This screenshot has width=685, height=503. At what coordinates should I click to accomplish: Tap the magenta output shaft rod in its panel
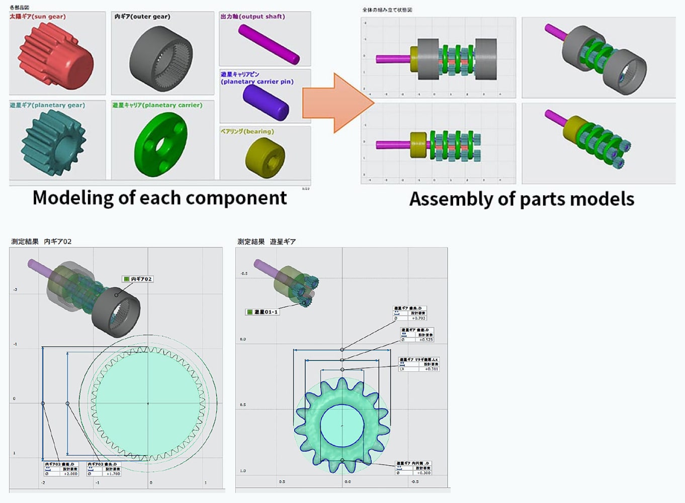(x=269, y=44)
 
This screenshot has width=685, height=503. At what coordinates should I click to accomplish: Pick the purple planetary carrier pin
(x=266, y=103)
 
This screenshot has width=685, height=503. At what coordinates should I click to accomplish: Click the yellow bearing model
(x=265, y=157)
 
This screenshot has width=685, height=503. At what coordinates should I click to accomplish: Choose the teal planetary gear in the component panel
(x=53, y=143)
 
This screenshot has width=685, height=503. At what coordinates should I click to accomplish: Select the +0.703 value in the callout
(x=418, y=318)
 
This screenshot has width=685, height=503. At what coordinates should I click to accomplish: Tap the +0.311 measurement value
(x=431, y=369)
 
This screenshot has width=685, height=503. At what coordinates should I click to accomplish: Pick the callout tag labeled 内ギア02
(x=137, y=279)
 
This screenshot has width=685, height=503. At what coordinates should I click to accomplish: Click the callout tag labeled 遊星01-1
(x=263, y=312)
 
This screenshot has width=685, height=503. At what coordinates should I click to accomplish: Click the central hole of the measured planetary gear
(x=342, y=426)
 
